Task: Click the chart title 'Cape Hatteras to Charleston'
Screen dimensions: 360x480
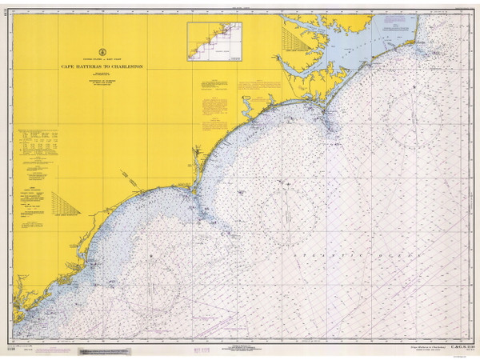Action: (x=102, y=66)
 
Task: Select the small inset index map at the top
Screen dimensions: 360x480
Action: (x=214, y=41)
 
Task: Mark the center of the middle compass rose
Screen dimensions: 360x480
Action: (x=283, y=210)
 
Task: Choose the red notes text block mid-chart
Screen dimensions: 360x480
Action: (x=214, y=100)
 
